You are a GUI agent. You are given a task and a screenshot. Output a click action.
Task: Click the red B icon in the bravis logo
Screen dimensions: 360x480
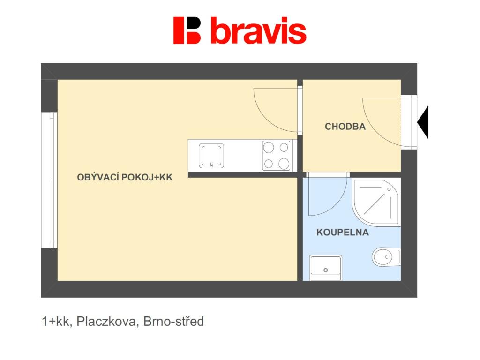tap(187, 30)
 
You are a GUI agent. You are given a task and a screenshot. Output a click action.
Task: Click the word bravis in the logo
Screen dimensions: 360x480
tap(258, 31)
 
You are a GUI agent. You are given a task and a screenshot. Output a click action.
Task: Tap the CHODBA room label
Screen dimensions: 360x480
tap(345, 127)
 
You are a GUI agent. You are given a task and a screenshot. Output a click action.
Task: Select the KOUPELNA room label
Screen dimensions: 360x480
tap(342, 232)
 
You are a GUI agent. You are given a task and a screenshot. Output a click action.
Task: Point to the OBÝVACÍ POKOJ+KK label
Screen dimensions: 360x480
tap(125, 178)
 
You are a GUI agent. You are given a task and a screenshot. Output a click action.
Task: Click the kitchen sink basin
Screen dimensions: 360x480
tap(211, 156)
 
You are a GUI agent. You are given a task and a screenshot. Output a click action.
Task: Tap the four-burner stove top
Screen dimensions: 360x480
tap(276, 156)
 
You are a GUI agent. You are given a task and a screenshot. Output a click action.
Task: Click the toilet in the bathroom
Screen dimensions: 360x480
tap(385, 256)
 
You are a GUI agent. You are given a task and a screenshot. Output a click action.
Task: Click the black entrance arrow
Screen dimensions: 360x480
tap(423, 122)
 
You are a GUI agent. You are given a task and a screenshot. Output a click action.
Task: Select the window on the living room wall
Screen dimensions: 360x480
tap(50, 180)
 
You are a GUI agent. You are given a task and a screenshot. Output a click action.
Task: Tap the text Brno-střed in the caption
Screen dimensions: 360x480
tap(174, 322)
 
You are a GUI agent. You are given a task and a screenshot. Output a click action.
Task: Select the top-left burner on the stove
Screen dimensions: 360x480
tap(269, 148)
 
